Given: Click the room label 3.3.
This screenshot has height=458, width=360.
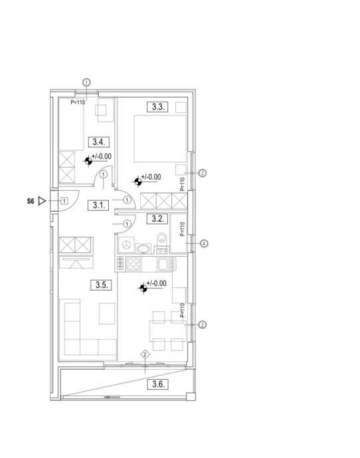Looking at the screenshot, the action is click(157, 107).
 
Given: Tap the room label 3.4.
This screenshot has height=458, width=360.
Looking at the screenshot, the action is click(99, 142).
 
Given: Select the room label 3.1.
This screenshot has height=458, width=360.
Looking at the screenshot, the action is click(98, 205).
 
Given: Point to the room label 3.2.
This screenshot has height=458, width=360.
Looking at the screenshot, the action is click(157, 218).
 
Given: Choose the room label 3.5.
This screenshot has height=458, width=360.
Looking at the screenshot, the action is click(101, 285).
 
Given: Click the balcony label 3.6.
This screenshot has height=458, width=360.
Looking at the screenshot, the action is click(157, 384).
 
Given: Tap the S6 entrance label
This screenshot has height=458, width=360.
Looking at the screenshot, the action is click(31, 201).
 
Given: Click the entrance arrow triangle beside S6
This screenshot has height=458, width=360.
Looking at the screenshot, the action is click(43, 201).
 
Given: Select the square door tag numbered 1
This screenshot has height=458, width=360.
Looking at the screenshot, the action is click(64, 201).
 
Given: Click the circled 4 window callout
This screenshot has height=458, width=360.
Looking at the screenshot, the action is click(204, 244).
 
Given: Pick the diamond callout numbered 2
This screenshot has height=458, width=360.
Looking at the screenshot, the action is click(145, 355).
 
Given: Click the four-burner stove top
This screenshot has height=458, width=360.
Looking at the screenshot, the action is click(134, 264).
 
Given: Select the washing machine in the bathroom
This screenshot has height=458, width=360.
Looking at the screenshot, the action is click(126, 245).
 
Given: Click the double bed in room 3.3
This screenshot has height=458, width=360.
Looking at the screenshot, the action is click(160, 139).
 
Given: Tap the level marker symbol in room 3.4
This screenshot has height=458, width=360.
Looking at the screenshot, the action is click(88, 161).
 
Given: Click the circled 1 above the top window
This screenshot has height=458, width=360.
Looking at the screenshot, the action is click(87, 83).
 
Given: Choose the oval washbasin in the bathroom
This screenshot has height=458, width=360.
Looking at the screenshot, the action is click(143, 249).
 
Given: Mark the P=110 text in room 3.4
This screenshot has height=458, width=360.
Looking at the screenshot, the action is click(78, 102).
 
